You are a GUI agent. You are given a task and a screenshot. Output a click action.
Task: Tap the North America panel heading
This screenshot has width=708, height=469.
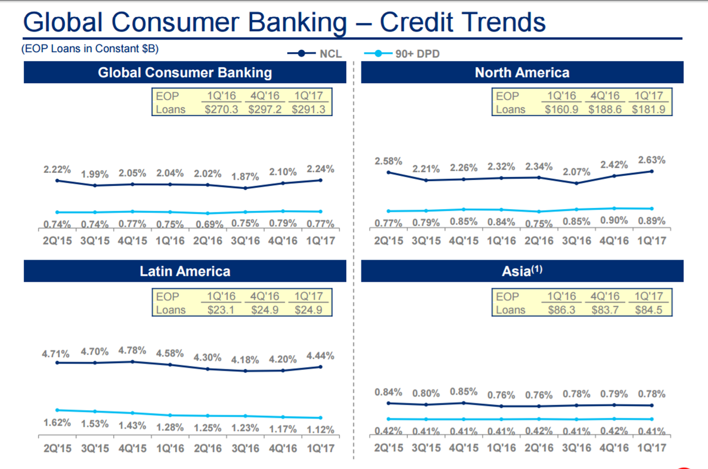[x=522, y=73]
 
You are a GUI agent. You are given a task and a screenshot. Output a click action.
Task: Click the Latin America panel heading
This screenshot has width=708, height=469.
[x=185, y=271]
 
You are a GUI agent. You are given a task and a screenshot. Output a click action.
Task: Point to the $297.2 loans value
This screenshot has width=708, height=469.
[x=265, y=109]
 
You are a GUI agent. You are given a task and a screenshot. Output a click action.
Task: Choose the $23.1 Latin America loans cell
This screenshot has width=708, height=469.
[x=221, y=310]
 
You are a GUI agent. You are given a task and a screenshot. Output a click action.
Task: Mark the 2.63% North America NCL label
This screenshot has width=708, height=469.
[x=651, y=160]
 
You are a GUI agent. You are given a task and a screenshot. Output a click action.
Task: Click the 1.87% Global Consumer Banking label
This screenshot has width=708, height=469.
[x=245, y=177]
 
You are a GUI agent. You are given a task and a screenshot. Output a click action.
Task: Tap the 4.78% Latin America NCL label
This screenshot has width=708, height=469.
[x=132, y=350]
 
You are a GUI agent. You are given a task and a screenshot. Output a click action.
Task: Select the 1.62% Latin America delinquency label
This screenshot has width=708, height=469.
[x=57, y=423]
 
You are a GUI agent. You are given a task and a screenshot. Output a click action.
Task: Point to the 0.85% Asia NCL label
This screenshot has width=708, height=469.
[x=463, y=392]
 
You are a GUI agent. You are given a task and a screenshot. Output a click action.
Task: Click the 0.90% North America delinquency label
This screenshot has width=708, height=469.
[x=614, y=220]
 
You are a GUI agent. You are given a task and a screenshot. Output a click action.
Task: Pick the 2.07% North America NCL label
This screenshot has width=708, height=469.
[x=576, y=172]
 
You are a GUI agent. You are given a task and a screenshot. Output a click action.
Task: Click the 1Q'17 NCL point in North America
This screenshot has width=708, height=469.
[x=652, y=171]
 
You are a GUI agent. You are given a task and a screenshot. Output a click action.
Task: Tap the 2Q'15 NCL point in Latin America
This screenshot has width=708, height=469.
[x=57, y=362]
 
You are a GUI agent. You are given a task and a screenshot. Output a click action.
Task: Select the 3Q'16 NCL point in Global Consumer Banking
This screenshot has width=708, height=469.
[x=245, y=188]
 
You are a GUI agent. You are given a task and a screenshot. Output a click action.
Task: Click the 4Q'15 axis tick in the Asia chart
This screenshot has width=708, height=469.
[x=463, y=448]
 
